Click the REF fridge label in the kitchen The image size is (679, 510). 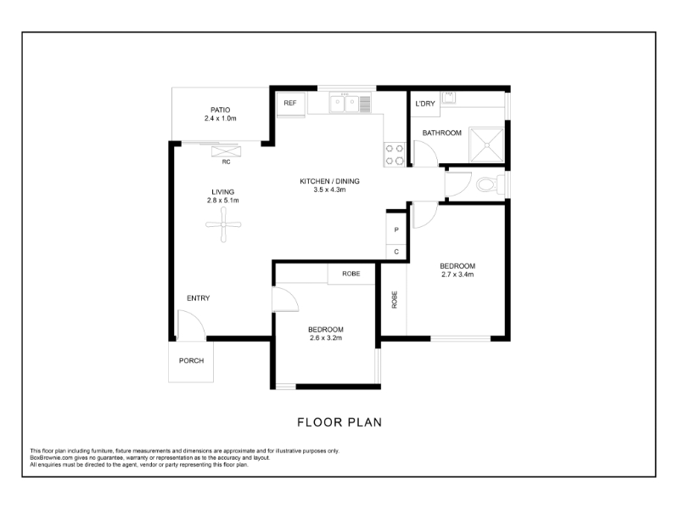click(290, 103)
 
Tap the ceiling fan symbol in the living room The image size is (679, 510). click(223, 224)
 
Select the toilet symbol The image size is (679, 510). click(491, 184)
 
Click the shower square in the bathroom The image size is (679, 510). click(487, 144)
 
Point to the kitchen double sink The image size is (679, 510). click(345, 104)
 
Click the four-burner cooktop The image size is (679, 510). click(394, 155)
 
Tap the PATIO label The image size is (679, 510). click(220, 110)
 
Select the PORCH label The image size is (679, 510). click(192, 360)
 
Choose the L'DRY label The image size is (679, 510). click(425, 104)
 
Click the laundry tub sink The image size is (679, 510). click(449, 97)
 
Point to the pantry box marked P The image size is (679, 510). click(396, 229)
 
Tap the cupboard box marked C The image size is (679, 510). click(396, 252)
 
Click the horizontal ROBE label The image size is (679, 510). click(351, 274)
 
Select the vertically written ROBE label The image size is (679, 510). click(395, 300)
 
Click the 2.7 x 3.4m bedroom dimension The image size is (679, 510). click(457, 275)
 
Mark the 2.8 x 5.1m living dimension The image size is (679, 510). click(223, 201)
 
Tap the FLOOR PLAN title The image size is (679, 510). click(339, 422)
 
